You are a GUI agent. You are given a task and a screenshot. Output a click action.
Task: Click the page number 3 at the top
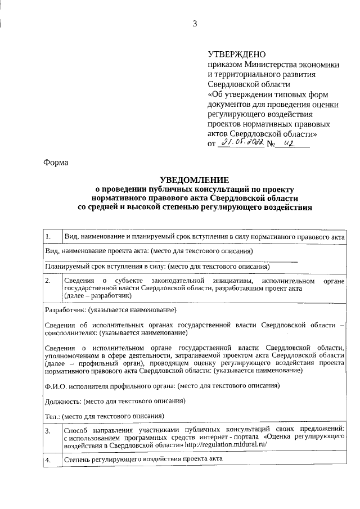pos(195,24)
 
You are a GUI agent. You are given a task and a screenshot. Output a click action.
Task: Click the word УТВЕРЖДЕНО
pos(236,55)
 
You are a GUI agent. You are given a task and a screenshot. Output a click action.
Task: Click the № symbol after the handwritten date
pos(271,145)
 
